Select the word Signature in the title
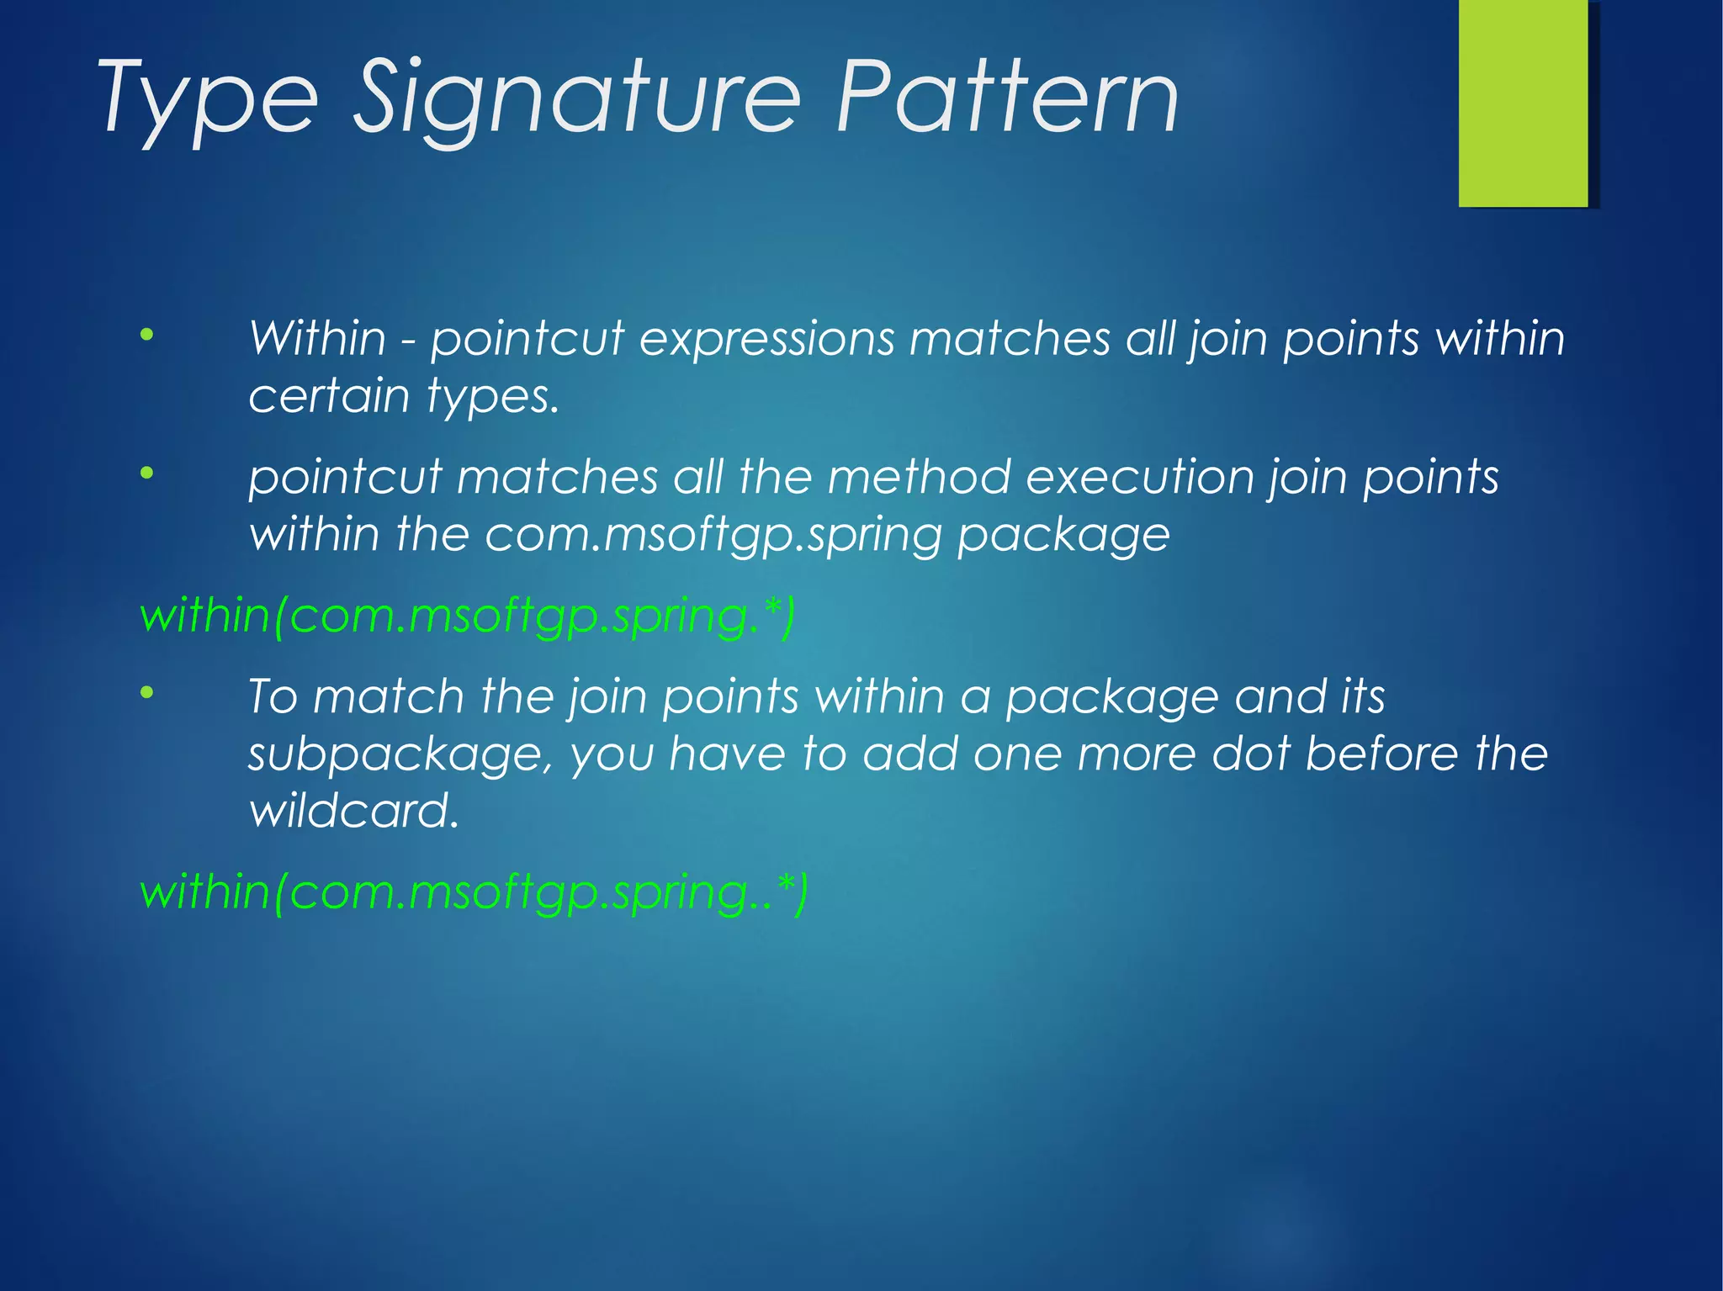pos(575,99)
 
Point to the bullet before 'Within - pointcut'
pos(147,336)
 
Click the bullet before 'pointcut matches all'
pos(147,474)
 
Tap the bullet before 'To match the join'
pos(147,693)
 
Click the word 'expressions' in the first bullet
pos(766,340)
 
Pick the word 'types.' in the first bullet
pos(492,397)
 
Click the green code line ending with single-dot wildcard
pos(467,616)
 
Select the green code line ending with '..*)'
pos(474,892)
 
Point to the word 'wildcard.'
pos(354,811)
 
